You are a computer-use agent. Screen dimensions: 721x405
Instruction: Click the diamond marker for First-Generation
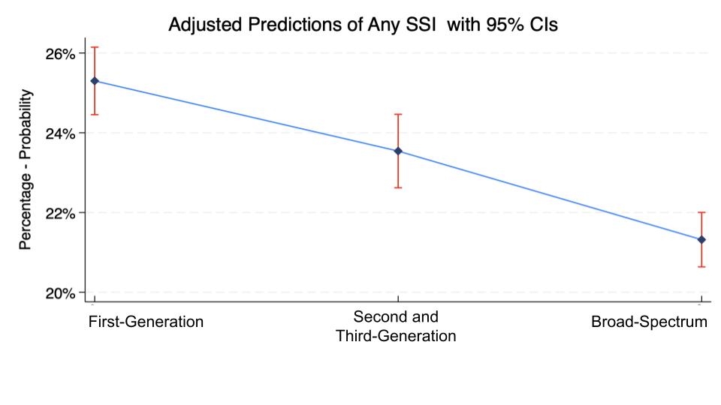(x=95, y=81)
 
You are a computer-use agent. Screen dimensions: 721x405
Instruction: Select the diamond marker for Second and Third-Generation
(x=398, y=151)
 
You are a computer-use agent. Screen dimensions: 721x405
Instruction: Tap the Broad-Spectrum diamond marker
(x=701, y=240)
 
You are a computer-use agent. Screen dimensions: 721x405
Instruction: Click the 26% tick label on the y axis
(x=60, y=54)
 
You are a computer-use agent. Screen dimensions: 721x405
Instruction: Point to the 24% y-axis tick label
(x=60, y=134)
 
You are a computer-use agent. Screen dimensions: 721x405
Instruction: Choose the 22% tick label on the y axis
(x=60, y=214)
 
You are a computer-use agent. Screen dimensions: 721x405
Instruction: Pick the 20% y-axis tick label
(x=60, y=293)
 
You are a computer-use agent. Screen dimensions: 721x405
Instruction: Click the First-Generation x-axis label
(x=146, y=322)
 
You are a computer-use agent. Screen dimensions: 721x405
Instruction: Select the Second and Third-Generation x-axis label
(x=396, y=326)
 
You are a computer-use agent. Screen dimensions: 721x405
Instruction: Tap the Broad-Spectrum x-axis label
(x=649, y=322)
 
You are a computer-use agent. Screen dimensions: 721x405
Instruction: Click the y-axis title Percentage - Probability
(x=26, y=169)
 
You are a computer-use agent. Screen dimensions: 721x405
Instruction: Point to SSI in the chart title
(x=421, y=24)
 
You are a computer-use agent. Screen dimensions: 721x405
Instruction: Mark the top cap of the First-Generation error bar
(x=95, y=46)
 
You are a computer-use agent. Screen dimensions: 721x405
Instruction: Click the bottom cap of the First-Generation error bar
(x=95, y=114)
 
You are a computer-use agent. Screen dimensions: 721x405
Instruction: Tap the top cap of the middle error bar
(x=398, y=114)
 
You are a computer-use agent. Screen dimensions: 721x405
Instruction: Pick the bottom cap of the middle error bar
(x=398, y=187)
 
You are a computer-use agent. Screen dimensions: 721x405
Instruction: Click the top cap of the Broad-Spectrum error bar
(x=701, y=212)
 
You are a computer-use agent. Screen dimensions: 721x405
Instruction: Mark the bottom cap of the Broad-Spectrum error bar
(x=701, y=267)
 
